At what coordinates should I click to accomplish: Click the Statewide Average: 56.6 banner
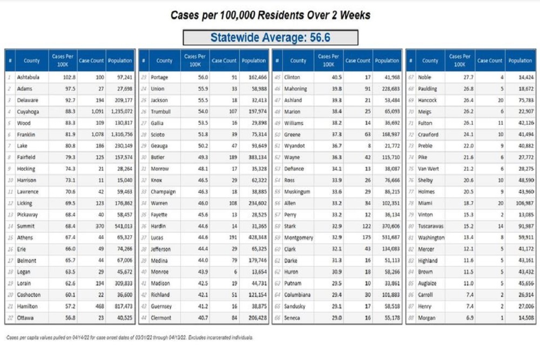270,37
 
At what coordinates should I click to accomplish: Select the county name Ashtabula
28,78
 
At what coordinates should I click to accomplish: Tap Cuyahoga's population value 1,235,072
120,112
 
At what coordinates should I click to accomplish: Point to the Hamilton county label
28,307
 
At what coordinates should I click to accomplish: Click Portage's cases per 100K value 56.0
199,78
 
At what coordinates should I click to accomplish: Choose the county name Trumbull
161,112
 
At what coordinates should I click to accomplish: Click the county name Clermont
161,318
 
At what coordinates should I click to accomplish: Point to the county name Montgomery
298,238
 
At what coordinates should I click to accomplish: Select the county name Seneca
294,318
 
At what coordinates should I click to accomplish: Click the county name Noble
425,78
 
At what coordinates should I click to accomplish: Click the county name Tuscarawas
431,226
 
